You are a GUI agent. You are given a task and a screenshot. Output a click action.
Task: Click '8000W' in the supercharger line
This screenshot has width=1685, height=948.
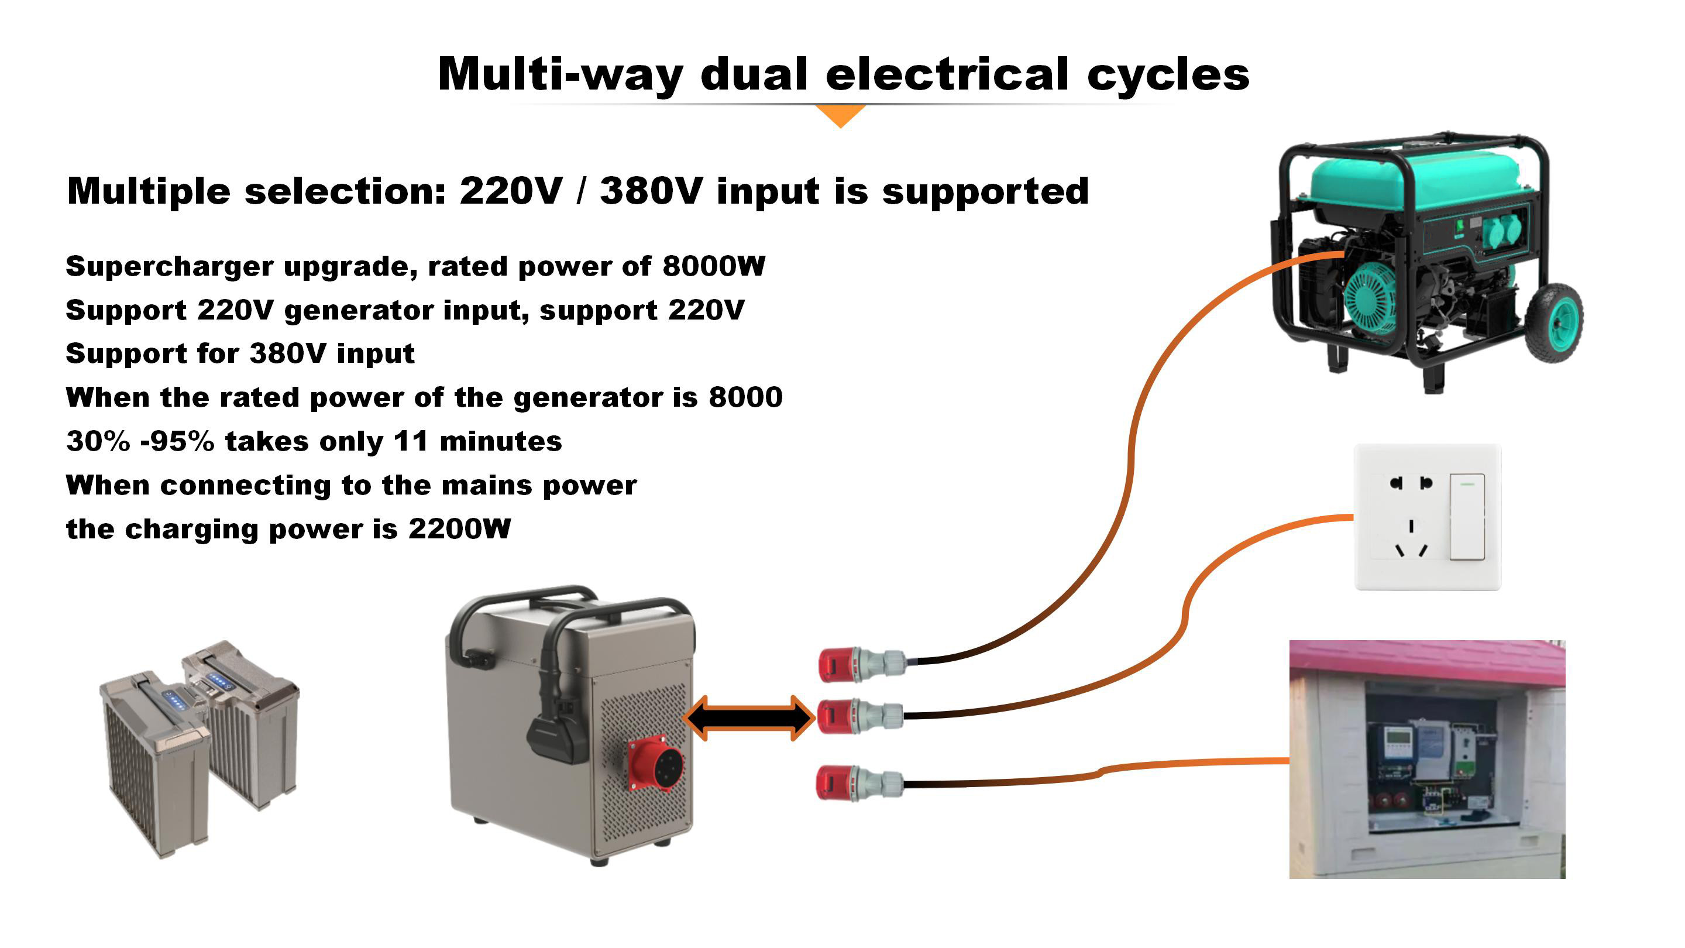pyautogui.click(x=714, y=266)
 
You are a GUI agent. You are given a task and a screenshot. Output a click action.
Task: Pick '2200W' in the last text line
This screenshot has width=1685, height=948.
pyautogui.click(x=459, y=528)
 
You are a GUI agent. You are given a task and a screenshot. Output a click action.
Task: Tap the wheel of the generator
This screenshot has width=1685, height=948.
pyautogui.click(x=1554, y=322)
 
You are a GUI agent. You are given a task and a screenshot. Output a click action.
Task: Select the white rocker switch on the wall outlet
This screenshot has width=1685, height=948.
pyautogui.click(x=1467, y=517)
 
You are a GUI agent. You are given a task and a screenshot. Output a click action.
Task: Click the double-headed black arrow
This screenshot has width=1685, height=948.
pyautogui.click(x=749, y=717)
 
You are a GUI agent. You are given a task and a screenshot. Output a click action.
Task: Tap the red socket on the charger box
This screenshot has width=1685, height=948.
pyautogui.click(x=656, y=764)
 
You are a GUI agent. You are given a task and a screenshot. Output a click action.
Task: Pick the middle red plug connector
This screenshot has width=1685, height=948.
pyautogui.click(x=837, y=716)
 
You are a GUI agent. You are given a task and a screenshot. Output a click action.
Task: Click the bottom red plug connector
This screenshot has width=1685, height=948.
pyautogui.click(x=836, y=783)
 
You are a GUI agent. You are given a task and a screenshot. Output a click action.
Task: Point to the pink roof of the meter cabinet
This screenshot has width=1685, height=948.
pyautogui.click(x=1426, y=661)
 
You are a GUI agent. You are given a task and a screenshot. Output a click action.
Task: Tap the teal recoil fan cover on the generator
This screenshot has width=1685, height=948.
pyautogui.click(x=1370, y=298)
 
